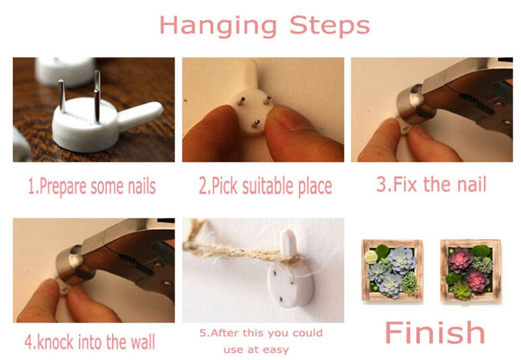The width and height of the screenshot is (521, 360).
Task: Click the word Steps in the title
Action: click(330, 25)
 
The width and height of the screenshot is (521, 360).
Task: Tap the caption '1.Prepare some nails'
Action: click(92, 187)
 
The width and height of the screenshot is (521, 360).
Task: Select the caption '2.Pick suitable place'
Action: click(265, 186)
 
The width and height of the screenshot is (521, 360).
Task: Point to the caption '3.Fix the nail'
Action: click(431, 184)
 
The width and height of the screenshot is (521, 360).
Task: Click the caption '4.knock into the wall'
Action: click(90, 342)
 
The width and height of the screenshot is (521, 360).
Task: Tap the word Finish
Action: click(435, 332)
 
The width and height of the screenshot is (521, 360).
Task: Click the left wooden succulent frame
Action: click(392, 270)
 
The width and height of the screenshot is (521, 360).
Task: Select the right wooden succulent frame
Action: click(470, 270)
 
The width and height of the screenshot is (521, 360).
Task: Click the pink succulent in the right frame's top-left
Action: click(460, 259)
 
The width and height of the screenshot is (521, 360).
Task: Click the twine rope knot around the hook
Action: click(289, 257)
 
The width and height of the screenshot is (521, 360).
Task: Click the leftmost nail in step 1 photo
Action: click(61, 96)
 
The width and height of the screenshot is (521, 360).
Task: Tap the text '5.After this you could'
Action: click(261, 333)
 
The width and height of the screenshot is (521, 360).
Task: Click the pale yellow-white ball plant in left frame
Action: click(371, 257)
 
